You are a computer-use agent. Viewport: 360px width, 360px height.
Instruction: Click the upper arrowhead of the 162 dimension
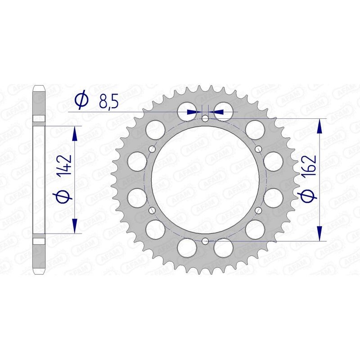click(320, 126)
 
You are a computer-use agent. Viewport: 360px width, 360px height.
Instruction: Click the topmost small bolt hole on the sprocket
click(205, 119)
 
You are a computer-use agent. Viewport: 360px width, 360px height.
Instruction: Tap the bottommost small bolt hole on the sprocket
click(205, 241)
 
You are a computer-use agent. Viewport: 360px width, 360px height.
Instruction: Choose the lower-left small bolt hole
click(152, 210)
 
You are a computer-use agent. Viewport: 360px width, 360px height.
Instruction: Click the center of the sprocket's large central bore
click(205, 180)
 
